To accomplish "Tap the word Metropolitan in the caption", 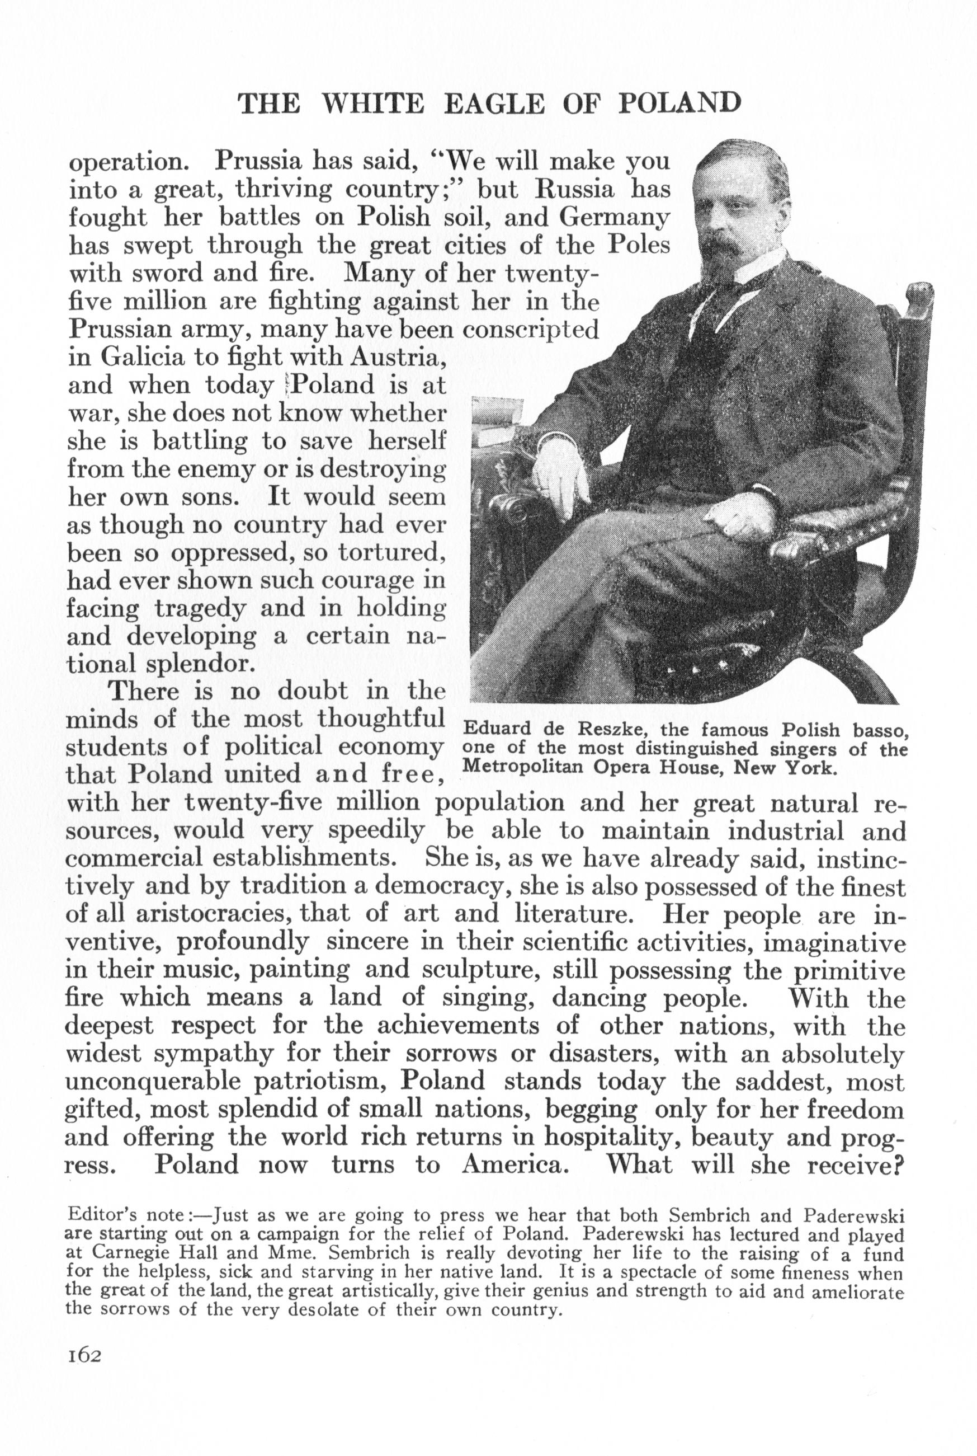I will click(522, 767).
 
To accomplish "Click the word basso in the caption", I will click(880, 729).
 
